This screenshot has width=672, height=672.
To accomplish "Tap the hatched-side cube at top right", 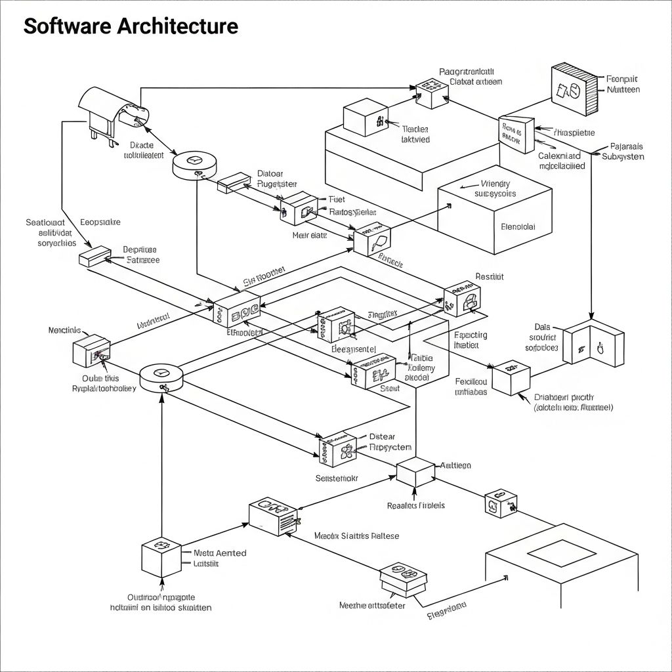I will pos(574,89).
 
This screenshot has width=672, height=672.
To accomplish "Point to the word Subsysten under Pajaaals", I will pos(623,157).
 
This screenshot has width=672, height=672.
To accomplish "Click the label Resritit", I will pos(489,277).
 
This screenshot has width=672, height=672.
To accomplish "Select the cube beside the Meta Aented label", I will pos(161,557).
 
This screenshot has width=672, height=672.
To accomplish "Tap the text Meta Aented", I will pos(220,553).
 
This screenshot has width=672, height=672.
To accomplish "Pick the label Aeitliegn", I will pos(455,465).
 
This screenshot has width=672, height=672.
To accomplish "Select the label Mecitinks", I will pos(64,330).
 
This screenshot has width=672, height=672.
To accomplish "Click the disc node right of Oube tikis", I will pos(161,377).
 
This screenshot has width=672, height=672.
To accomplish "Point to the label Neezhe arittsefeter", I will pos(372,605).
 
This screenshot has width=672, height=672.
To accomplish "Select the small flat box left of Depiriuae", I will pos(94,256).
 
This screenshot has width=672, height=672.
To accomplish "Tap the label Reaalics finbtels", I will pos(416,505).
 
